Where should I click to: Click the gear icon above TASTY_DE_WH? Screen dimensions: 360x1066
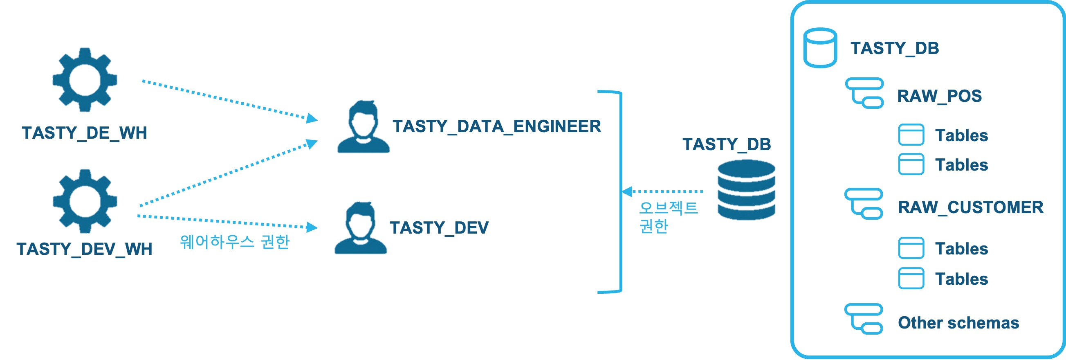(85, 79)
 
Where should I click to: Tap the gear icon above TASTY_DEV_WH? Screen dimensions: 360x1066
(85, 201)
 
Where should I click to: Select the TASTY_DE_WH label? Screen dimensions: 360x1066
(84, 133)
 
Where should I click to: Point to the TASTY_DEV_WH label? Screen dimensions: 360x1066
(84, 249)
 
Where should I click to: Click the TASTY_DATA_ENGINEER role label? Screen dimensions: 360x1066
(496, 127)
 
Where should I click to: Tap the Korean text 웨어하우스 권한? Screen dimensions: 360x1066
(235, 242)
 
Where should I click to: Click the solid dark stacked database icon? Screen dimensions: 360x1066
(746, 190)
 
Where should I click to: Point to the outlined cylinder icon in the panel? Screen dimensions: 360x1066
(820, 47)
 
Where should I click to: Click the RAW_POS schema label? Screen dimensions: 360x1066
(939, 96)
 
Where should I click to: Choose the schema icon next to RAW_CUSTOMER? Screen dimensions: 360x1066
(864, 204)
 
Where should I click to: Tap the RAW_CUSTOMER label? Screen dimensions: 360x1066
(970, 207)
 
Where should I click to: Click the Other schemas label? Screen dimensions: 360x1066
(958, 323)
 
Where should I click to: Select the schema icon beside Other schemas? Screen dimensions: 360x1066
(864, 319)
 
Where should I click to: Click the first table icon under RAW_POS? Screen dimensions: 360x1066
(911, 135)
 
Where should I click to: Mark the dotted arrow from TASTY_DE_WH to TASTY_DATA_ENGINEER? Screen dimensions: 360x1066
(230, 101)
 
